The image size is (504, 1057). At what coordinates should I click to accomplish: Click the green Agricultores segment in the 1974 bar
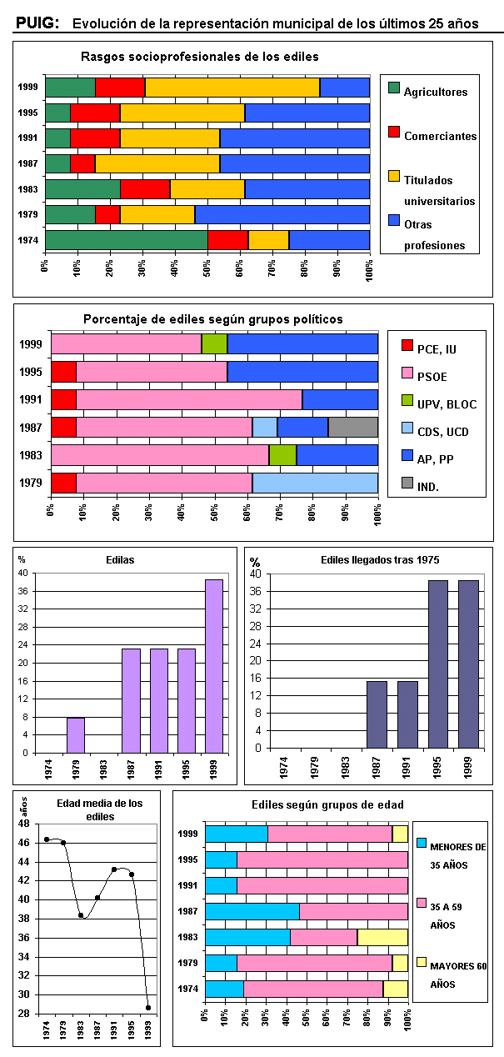(x=126, y=240)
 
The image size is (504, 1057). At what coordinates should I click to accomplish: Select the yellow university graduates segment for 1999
(x=232, y=87)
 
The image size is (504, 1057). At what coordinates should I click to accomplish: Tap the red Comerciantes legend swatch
(x=395, y=131)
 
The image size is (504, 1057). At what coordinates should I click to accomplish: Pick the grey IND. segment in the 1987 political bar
(x=352, y=428)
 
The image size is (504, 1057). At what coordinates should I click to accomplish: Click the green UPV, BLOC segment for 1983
(x=282, y=455)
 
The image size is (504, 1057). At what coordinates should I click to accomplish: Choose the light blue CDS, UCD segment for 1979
(x=315, y=483)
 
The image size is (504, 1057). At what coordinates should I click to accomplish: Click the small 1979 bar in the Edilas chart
(x=76, y=734)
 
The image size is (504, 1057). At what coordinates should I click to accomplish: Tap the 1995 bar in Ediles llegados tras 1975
(x=438, y=664)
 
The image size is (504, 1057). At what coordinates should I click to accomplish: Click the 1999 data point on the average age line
(x=148, y=1007)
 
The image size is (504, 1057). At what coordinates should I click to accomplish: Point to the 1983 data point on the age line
(x=81, y=915)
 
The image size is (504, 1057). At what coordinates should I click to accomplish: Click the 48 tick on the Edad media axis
(x=25, y=824)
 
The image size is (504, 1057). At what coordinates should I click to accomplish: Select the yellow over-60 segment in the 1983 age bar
(x=382, y=937)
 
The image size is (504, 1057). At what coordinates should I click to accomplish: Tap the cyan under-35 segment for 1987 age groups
(x=252, y=911)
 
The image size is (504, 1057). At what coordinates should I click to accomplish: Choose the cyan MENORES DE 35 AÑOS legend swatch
(x=422, y=844)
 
